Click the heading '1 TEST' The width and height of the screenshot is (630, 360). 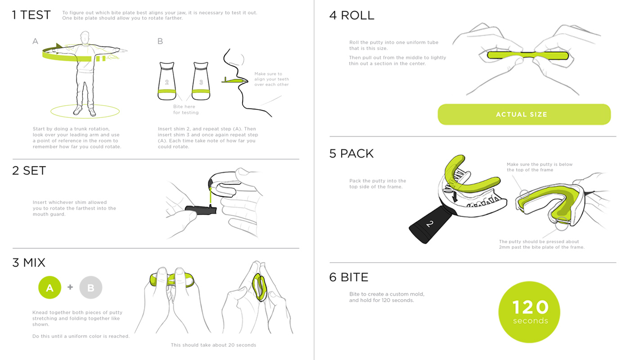tap(31, 15)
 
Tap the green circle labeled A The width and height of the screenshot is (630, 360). tap(49, 288)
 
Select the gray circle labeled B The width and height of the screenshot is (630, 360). tap(90, 288)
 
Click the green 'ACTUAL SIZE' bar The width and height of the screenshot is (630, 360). tap(524, 114)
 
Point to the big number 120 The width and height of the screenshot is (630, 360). tap(530, 307)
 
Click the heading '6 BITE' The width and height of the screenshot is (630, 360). tap(349, 277)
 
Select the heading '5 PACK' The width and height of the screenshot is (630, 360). tap(351, 153)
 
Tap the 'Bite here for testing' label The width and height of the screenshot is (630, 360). tap(185, 109)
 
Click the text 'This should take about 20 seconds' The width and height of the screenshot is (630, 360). tap(213, 345)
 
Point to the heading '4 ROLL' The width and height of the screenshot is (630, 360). tap(351, 15)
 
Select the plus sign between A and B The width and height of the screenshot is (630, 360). tap(70, 287)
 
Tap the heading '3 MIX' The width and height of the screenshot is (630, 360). tap(29, 262)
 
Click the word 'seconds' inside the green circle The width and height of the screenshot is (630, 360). tap(530, 321)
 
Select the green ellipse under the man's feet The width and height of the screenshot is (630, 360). tap(85, 111)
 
